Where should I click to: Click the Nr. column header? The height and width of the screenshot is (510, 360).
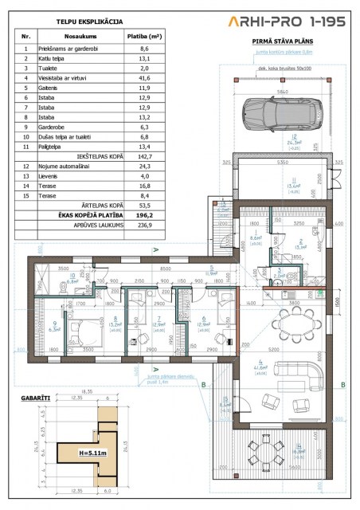(26, 36)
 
